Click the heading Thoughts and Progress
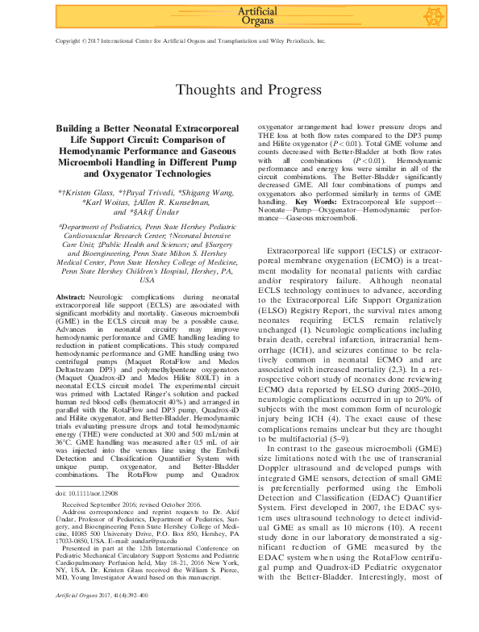click(x=239, y=89)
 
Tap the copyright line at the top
click(x=190, y=39)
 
